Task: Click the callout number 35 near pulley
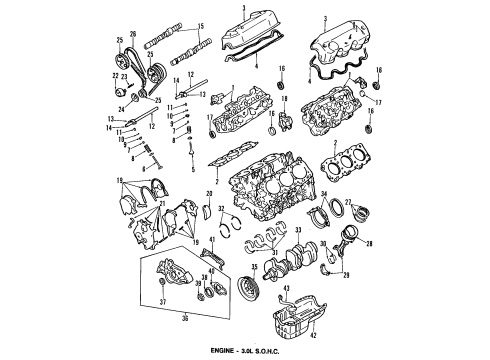[255, 267]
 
